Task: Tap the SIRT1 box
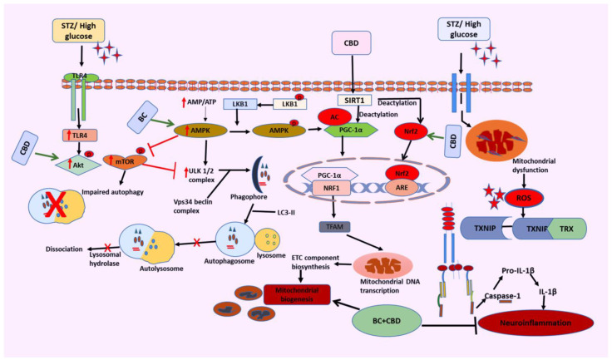[x=355, y=99]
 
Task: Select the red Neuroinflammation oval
[x=540, y=318]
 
